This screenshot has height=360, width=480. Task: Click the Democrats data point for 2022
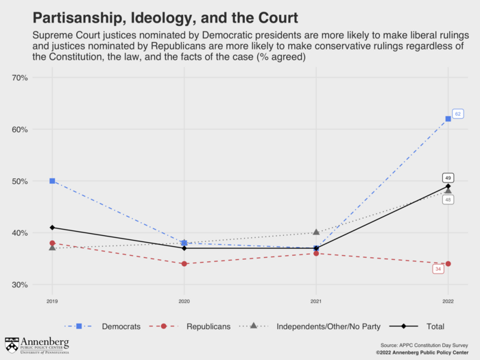pyautogui.click(x=448, y=119)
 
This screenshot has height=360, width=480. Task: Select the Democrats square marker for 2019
pyautogui.click(x=52, y=181)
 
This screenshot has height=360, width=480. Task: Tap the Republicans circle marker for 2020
pyautogui.click(x=184, y=264)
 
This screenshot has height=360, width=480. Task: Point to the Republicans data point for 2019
pyautogui.click(x=52, y=243)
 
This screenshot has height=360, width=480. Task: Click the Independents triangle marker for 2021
pyautogui.click(x=316, y=232)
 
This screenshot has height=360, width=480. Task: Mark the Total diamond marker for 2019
pyautogui.click(x=52, y=228)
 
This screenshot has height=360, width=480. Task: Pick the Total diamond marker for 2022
pyautogui.click(x=448, y=186)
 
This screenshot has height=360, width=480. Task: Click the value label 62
pyautogui.click(x=458, y=113)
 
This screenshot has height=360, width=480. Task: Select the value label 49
pyautogui.click(x=448, y=177)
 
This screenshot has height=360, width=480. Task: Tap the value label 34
pyautogui.click(x=438, y=269)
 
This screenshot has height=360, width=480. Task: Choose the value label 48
pyautogui.click(x=448, y=200)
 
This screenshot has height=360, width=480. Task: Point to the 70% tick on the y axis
pyautogui.click(x=20, y=77)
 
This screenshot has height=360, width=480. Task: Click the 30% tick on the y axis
pyautogui.click(x=20, y=285)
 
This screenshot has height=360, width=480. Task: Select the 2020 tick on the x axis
pyautogui.click(x=184, y=301)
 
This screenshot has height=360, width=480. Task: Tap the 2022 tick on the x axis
pyautogui.click(x=448, y=301)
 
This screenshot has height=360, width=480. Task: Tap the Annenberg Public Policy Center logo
pyautogui.click(x=37, y=345)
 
